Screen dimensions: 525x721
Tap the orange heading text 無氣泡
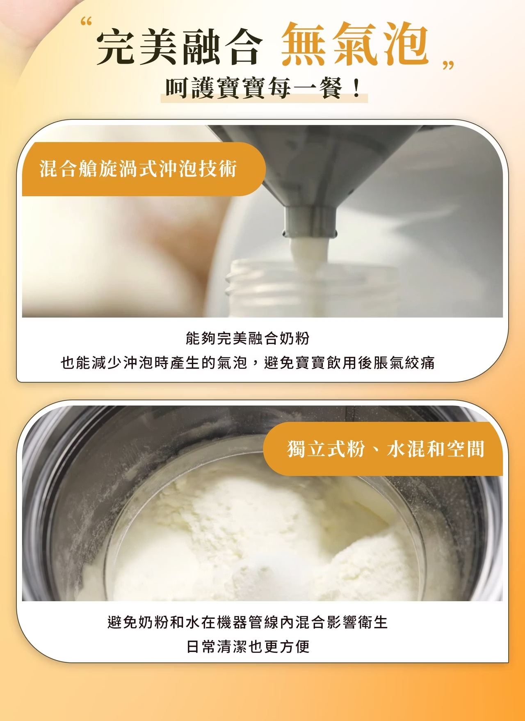click(355, 43)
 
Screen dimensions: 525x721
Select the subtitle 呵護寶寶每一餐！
click(263, 88)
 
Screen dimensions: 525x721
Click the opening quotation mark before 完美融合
click(86, 21)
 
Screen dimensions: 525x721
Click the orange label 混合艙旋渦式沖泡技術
click(138, 169)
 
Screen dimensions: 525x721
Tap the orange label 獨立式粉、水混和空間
click(386, 449)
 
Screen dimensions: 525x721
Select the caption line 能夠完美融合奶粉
click(247, 339)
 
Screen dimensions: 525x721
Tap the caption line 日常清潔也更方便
click(248, 647)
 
